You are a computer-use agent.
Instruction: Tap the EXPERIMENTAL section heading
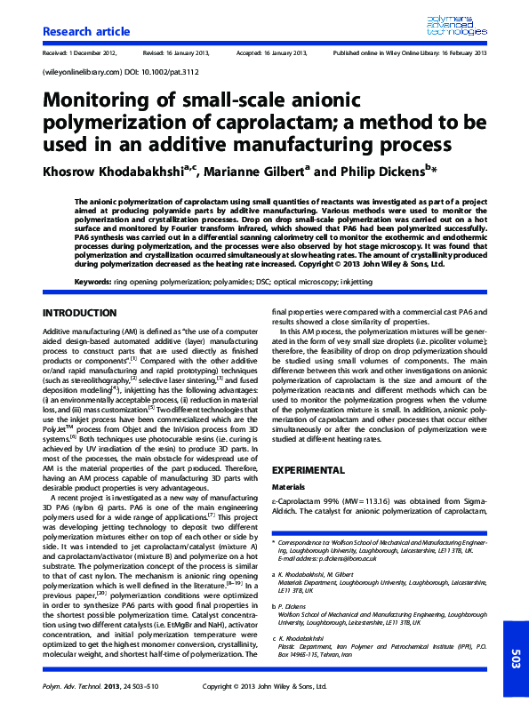tap(308, 469)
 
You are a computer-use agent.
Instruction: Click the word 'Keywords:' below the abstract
tap(93, 281)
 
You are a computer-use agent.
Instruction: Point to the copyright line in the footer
tap(263, 687)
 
